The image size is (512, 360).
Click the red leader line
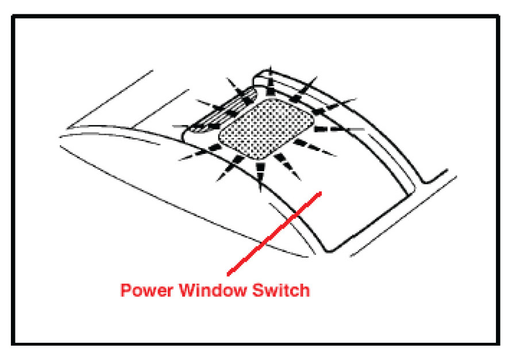[274, 233]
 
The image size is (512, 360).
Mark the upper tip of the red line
[321, 193]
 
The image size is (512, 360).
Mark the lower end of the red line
[228, 273]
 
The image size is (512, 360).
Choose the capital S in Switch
[258, 291]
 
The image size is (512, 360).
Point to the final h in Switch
[305, 291]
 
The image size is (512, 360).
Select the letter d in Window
[224, 291]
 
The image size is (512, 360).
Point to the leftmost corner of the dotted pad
[222, 137]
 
